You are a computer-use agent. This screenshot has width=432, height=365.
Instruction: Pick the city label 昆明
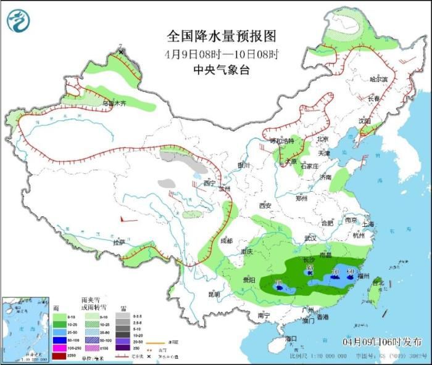[214, 294]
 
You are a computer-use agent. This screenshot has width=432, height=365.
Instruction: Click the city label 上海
[368, 224]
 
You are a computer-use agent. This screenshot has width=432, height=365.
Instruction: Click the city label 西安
[265, 205]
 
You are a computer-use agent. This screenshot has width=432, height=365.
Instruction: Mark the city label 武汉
[310, 237]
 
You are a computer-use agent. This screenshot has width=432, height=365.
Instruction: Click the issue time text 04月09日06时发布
[383, 342]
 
